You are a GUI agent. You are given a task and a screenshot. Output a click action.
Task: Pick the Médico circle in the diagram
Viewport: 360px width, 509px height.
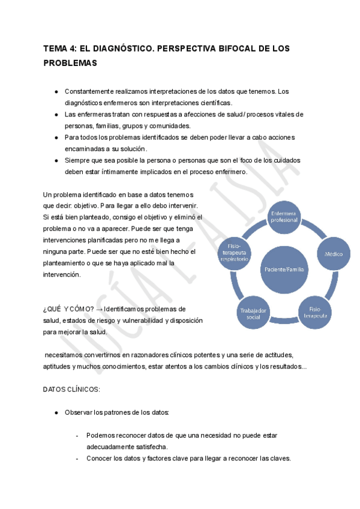[x=334, y=254]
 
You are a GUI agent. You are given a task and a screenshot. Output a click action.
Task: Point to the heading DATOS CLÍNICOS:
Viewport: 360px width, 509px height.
[x=72, y=390]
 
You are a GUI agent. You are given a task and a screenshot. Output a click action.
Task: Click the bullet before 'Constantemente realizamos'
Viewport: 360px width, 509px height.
[x=56, y=91]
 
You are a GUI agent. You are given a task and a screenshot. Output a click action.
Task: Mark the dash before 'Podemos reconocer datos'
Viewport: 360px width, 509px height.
[x=78, y=436]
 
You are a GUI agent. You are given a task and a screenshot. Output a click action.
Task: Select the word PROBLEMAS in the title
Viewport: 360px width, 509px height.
[x=70, y=62]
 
